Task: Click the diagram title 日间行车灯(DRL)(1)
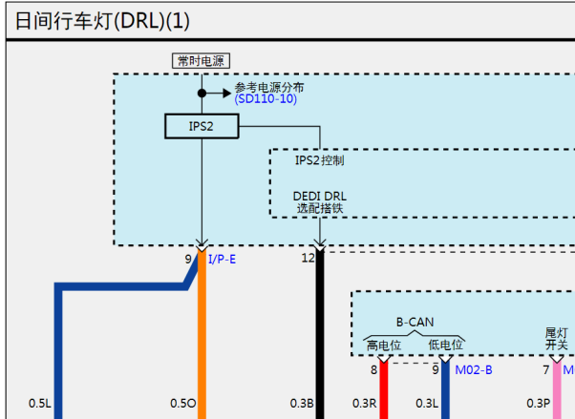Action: coord(102,21)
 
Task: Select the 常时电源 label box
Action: coord(201,61)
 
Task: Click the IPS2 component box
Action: coord(202,126)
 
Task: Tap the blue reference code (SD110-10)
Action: coord(266,99)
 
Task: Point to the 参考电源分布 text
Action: coord(269,87)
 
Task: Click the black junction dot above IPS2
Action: coord(202,94)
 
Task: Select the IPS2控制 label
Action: coord(320,160)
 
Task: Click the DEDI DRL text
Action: coord(319,196)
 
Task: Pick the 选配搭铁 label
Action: coord(320,208)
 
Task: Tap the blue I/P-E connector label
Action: coord(223,260)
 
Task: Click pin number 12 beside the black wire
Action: coord(308,258)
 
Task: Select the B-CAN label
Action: coord(415,323)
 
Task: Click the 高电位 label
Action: coord(384,345)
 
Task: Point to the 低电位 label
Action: coord(445,345)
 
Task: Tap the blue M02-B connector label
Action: coord(474,370)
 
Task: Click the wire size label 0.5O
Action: coord(182,403)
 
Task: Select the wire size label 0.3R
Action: coord(365,403)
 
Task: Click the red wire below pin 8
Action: coord(384,390)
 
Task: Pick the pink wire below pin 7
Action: coord(557,390)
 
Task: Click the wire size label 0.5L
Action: coord(39,403)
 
